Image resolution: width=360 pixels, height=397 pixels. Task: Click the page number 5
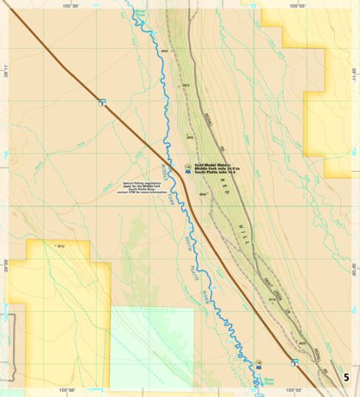point(346,377)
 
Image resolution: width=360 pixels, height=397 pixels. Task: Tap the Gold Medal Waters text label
point(216,170)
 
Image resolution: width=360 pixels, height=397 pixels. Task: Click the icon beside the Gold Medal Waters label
point(188,168)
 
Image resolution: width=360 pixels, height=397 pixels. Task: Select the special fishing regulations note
point(137,188)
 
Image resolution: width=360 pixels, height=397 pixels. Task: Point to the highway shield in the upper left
point(102,101)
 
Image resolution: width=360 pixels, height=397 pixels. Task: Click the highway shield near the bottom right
point(294,363)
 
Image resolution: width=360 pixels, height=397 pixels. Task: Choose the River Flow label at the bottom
point(266,379)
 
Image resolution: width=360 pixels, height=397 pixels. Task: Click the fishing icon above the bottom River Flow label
point(258,364)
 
